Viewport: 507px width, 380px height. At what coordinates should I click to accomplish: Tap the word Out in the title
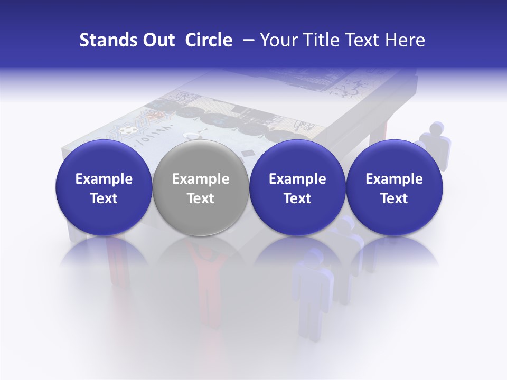click(157, 40)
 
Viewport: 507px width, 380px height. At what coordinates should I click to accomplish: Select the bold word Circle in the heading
click(209, 40)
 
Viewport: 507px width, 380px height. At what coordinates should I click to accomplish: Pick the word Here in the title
click(406, 40)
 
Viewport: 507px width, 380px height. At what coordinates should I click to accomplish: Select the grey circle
click(201, 188)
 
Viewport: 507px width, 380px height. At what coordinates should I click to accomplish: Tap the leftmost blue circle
click(104, 188)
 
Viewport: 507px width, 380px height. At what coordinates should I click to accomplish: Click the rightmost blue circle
click(394, 188)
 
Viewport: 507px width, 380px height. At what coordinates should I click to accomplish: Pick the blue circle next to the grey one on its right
click(297, 188)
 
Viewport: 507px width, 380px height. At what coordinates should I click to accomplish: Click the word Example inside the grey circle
click(201, 179)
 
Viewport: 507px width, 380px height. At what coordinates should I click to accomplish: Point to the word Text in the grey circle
click(201, 198)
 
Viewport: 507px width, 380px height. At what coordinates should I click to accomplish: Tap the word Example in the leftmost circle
click(104, 179)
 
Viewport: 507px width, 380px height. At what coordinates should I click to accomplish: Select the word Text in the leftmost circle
click(104, 198)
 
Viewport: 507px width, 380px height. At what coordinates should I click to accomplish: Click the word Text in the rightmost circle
click(394, 198)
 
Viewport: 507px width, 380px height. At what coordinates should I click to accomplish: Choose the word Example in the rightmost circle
click(394, 179)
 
